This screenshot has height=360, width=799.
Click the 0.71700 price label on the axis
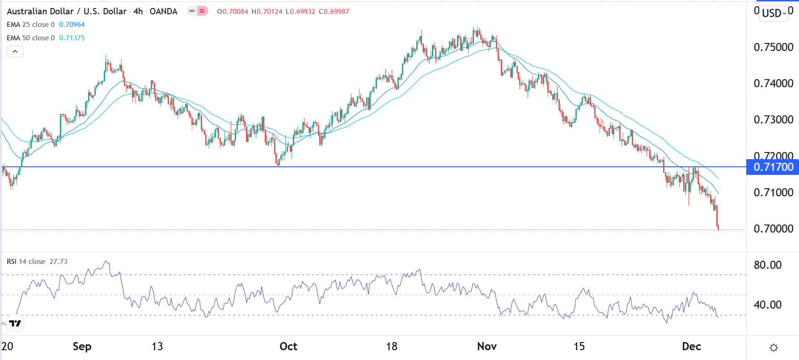(773, 167)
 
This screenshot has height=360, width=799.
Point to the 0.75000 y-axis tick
(773, 47)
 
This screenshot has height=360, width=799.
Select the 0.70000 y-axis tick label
(773, 229)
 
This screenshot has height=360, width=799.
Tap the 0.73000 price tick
(773, 120)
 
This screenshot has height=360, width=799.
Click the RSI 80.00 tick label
(767, 265)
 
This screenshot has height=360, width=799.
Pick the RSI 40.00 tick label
(767, 305)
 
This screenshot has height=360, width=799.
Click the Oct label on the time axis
(288, 347)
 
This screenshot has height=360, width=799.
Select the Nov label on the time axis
(487, 347)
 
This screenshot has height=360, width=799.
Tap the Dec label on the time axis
(691, 347)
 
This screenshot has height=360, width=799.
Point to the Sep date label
(82, 347)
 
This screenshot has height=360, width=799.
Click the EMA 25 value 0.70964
(72, 25)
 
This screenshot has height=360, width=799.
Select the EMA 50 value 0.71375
(72, 38)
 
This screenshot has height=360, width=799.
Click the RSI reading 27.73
(58, 262)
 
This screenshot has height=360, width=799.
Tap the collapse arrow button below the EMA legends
(15, 51)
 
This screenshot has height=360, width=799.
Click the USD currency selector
(774, 13)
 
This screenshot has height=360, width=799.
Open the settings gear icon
(774, 347)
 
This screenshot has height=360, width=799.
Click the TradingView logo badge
(15, 323)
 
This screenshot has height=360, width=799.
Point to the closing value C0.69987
(334, 12)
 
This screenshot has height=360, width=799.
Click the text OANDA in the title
(164, 12)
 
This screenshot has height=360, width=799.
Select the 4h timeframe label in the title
(138, 12)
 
